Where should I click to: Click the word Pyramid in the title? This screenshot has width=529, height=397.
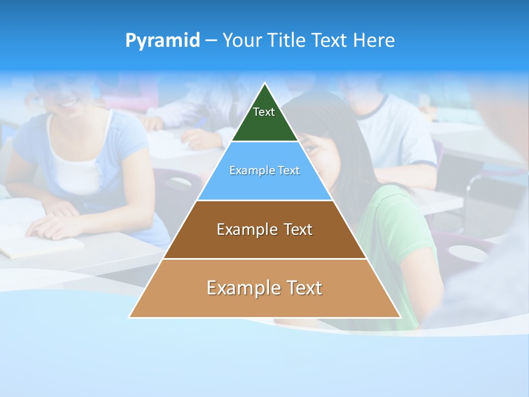coord(163,41)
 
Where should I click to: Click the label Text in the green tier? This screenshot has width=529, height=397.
coord(264,112)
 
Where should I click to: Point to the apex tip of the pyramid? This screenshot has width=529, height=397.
coord(265,84)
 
